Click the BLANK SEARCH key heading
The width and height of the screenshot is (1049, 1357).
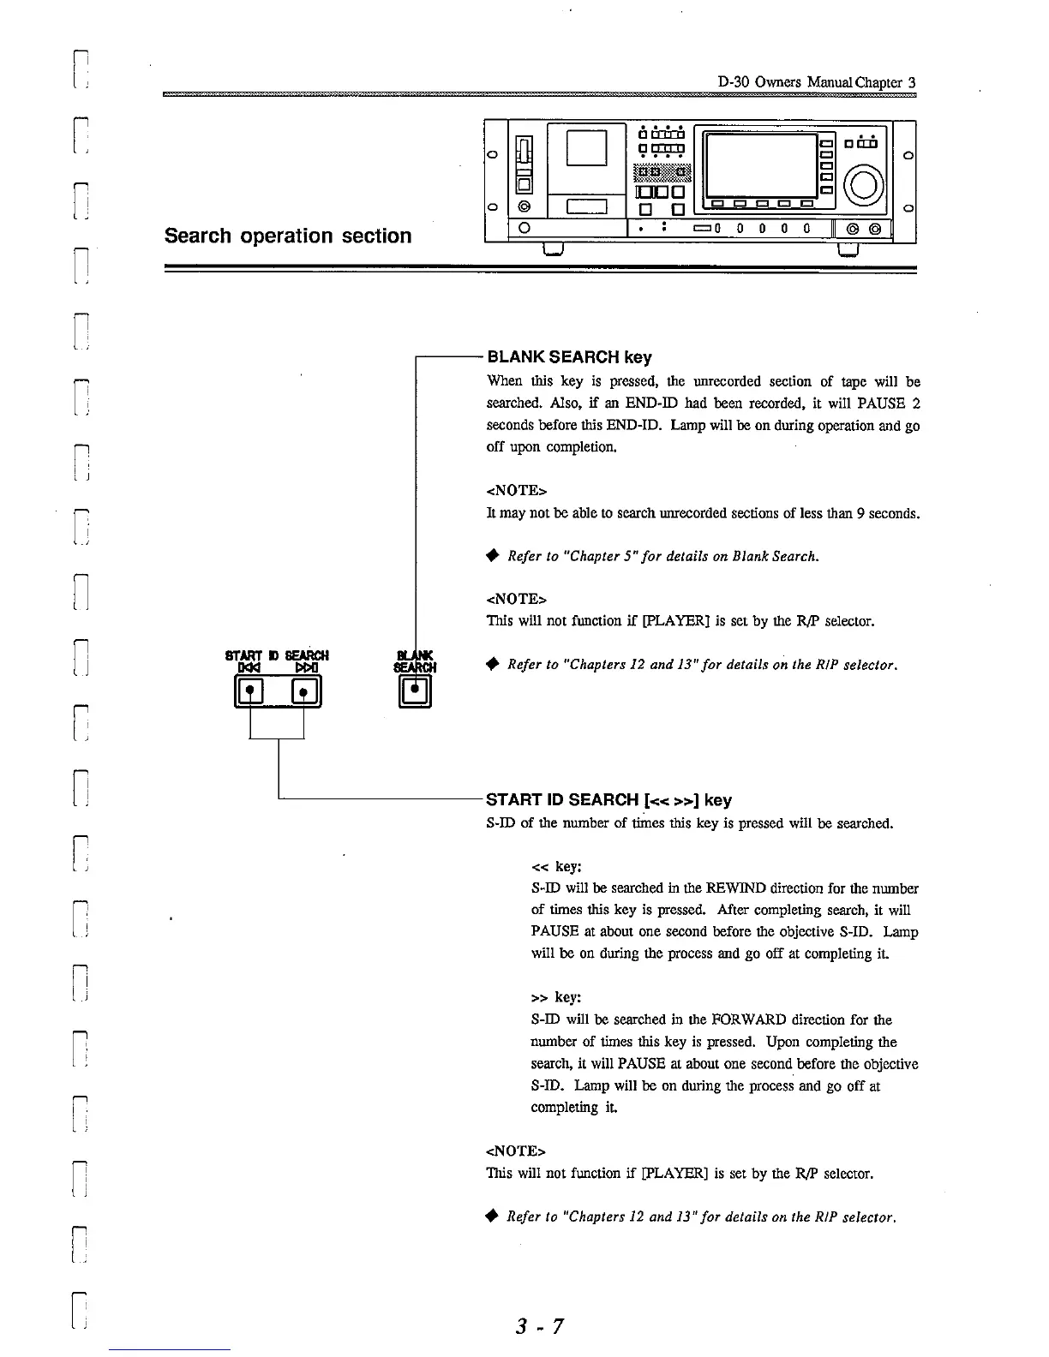click(x=569, y=356)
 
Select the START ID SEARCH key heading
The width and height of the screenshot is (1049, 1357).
click(x=608, y=800)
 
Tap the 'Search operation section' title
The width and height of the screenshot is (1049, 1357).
click(x=288, y=236)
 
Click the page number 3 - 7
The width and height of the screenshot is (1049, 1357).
click(x=539, y=1326)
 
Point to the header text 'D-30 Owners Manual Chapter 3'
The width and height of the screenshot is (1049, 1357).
click(x=816, y=83)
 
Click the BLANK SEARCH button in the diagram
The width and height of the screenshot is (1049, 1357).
click(x=415, y=690)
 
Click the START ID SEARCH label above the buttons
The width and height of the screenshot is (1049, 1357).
click(x=276, y=656)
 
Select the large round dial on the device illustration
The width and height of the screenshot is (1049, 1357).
click(x=866, y=184)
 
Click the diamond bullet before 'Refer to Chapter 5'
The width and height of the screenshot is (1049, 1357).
click(x=492, y=556)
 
